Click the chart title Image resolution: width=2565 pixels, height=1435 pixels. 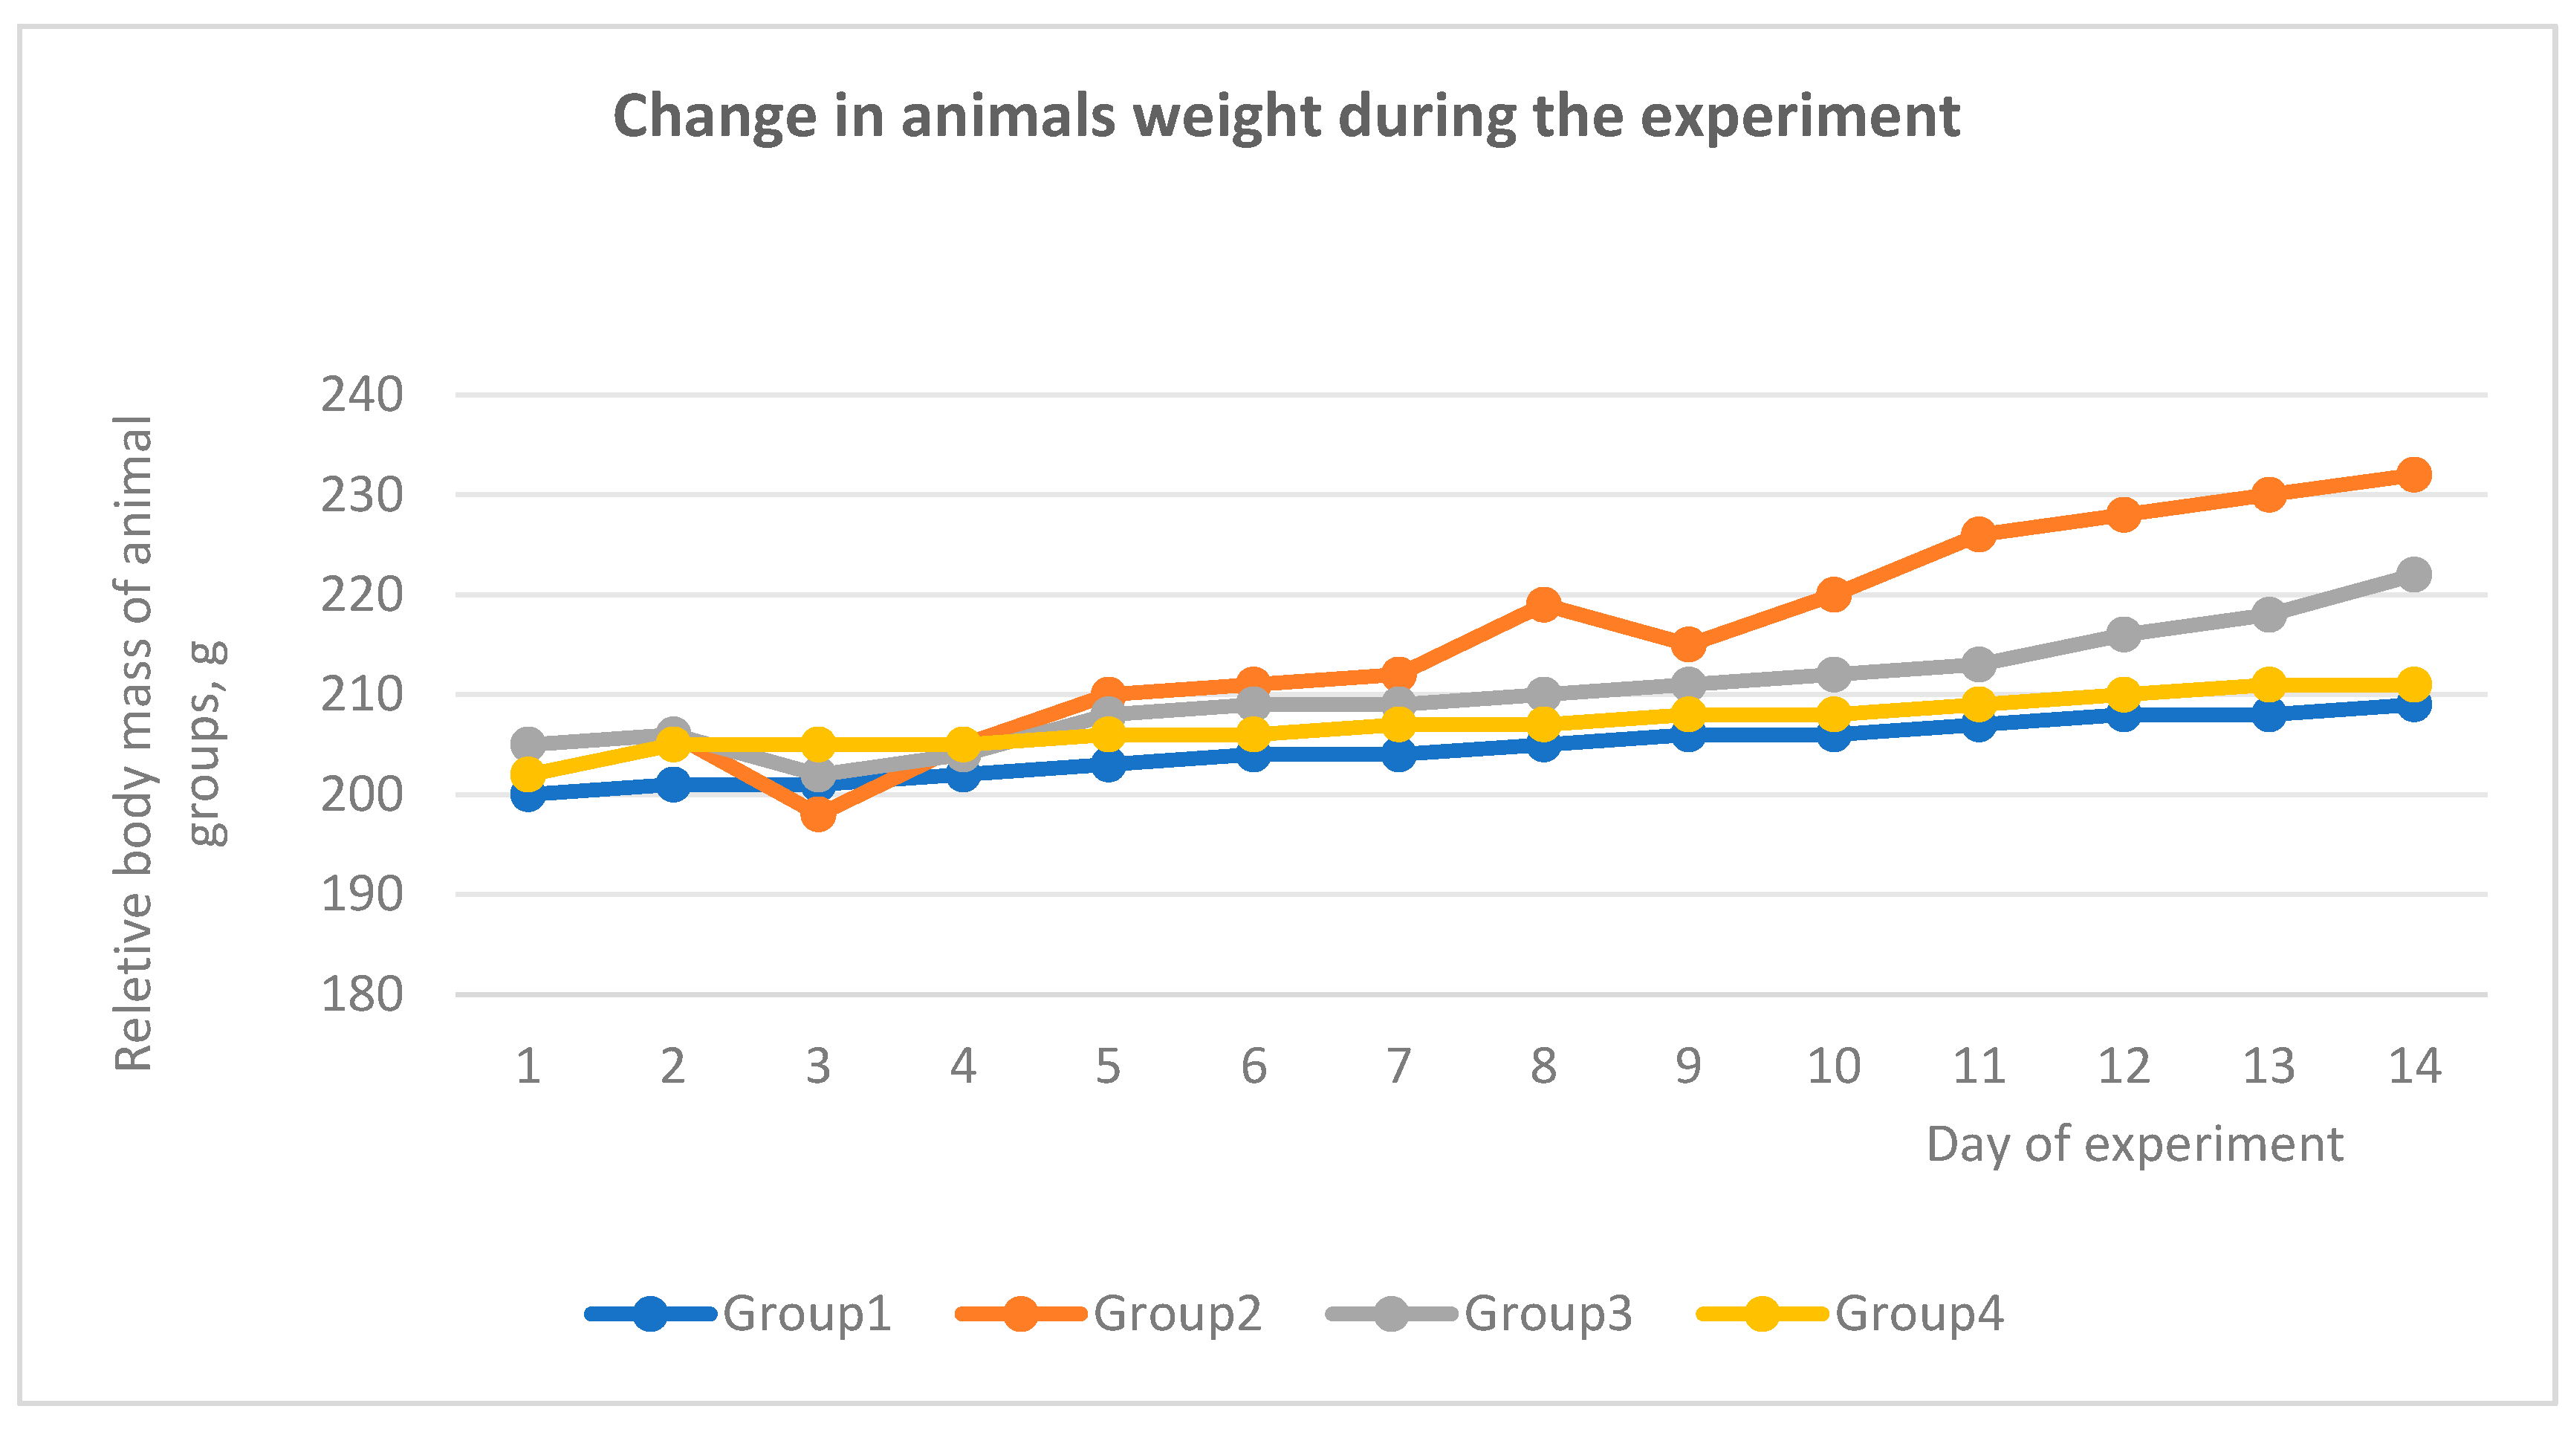(1285, 117)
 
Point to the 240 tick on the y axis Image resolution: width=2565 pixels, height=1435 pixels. (361, 395)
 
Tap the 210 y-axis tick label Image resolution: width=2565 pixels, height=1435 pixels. (361, 695)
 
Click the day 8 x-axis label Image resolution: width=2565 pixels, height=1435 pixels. (1543, 1066)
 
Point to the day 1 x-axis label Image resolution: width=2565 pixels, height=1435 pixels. (528, 1066)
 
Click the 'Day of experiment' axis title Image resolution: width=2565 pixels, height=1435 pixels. (2134, 1144)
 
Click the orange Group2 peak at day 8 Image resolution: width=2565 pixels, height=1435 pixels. (1543, 604)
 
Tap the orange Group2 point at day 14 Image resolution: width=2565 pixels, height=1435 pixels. (2413, 475)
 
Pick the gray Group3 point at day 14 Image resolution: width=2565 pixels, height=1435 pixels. (2413, 574)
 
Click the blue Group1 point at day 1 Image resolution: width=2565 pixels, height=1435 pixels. (528, 794)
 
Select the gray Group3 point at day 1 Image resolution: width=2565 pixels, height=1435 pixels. (528, 744)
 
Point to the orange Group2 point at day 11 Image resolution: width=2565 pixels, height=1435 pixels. (1979, 535)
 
